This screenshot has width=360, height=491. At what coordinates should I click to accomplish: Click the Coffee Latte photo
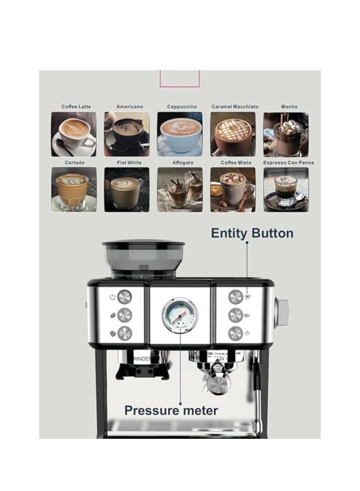[73, 134]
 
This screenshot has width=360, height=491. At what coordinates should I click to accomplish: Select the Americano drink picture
[127, 134]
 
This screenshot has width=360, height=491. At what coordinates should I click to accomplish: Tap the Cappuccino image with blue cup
[179, 134]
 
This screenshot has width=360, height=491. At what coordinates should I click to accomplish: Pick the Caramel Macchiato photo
[233, 134]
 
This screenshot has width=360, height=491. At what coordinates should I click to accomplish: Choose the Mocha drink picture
[286, 134]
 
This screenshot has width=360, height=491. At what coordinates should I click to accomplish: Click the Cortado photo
[73, 189]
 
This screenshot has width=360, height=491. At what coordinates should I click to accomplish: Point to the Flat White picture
[127, 189]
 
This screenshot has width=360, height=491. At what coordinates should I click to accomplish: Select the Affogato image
[179, 189]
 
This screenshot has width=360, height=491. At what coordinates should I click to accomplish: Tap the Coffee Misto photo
[233, 189]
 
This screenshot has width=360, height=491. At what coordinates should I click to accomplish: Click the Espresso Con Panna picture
[286, 189]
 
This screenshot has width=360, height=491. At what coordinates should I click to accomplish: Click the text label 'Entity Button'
[252, 233]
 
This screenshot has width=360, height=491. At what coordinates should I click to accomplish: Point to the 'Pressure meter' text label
[171, 410]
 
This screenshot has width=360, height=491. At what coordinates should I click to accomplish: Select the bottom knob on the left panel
[125, 333]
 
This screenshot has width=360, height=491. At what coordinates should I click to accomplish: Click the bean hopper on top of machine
[143, 258]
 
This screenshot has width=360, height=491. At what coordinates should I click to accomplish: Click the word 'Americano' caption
[129, 107]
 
